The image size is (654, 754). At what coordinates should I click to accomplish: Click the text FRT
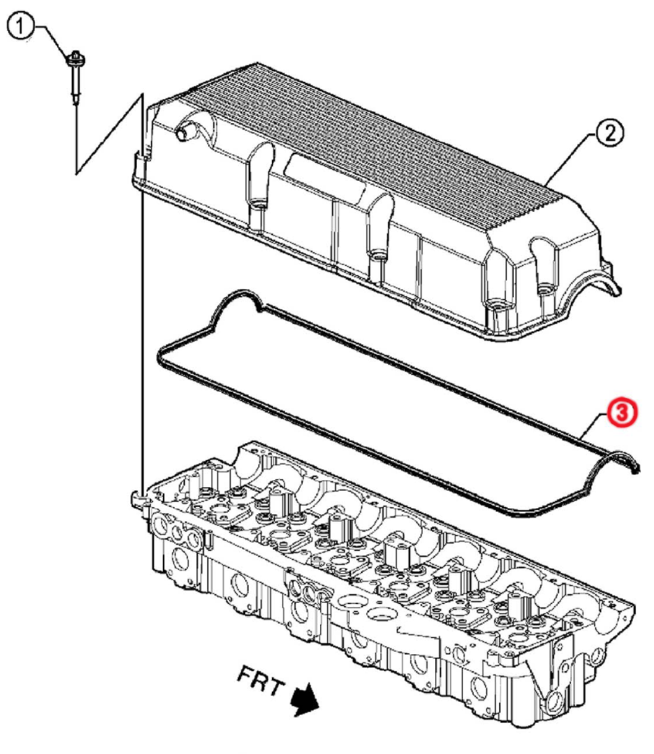click(x=260, y=681)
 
